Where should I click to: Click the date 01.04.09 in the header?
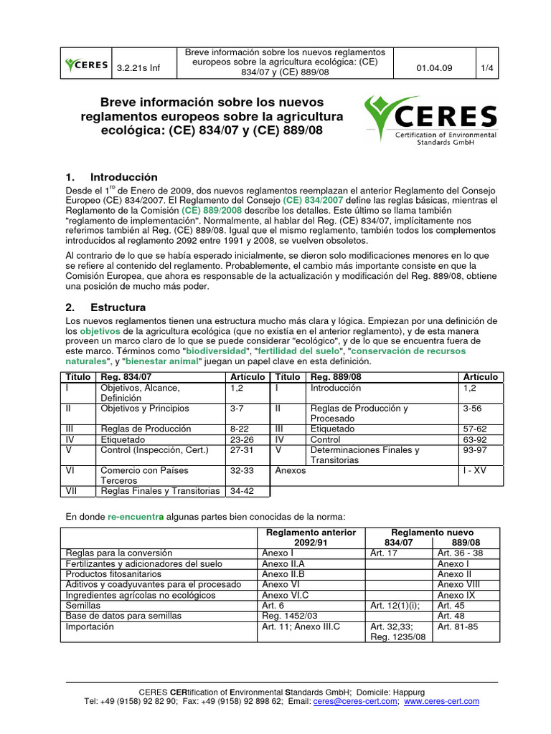[x=433, y=68]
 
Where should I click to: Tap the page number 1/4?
[x=488, y=68]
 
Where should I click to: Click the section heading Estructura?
[x=118, y=307]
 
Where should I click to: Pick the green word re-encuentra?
[x=136, y=516]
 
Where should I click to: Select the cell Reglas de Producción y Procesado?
[x=359, y=413]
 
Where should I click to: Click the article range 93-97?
[x=475, y=450]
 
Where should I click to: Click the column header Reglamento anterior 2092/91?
[x=311, y=538]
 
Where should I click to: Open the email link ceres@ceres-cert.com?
[x=354, y=701]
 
